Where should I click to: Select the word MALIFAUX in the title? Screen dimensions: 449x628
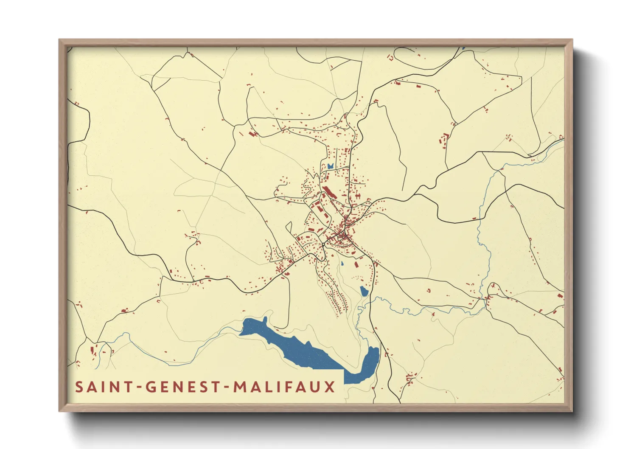(x=284, y=387)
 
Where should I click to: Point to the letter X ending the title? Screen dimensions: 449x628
(x=330, y=387)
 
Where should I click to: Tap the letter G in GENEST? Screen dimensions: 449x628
(x=151, y=387)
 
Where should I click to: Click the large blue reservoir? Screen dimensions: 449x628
(x=297, y=346)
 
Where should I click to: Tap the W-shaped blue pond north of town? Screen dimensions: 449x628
(x=330, y=166)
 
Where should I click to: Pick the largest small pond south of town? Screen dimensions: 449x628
(x=364, y=291)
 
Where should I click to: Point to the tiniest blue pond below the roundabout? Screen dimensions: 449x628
(x=342, y=264)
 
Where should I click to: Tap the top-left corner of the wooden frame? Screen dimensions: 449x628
(x=60, y=40)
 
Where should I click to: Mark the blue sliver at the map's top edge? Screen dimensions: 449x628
(x=463, y=48)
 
